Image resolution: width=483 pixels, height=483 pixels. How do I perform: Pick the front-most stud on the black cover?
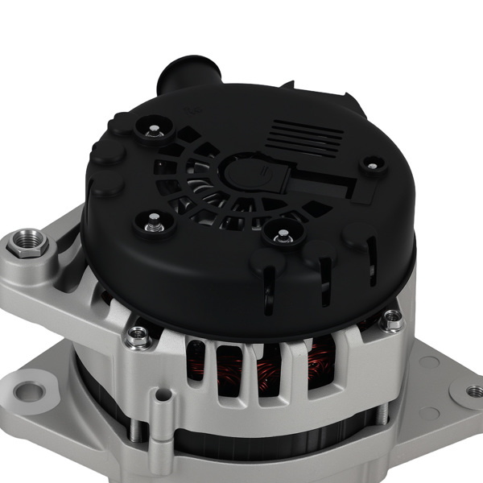pos(283,235)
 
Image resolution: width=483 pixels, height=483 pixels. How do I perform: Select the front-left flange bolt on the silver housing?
pos(138,336)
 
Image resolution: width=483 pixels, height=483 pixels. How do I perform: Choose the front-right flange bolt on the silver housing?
pos(392,320)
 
